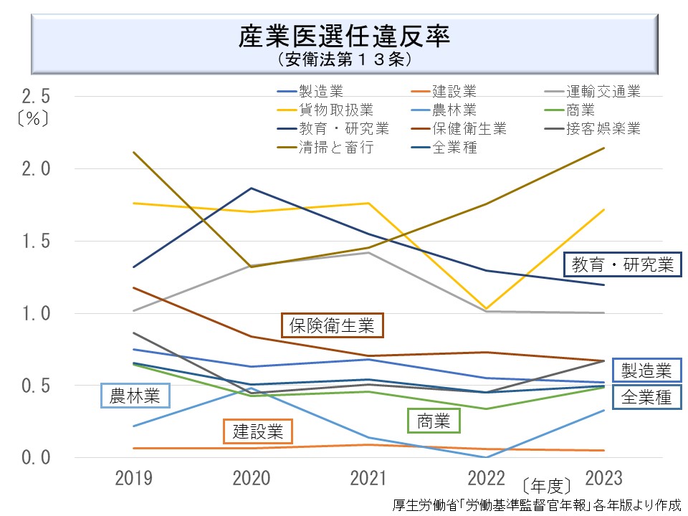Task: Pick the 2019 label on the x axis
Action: click(133, 478)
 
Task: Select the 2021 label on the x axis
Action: click(369, 478)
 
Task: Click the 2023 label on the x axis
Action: click(604, 478)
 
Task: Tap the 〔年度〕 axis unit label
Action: click(547, 482)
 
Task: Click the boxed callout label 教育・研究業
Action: click(622, 265)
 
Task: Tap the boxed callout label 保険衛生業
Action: click(332, 325)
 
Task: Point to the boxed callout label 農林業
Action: click(135, 395)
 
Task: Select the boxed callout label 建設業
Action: click(258, 431)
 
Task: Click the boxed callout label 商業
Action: click(434, 421)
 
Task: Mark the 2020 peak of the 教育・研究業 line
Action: click(251, 188)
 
